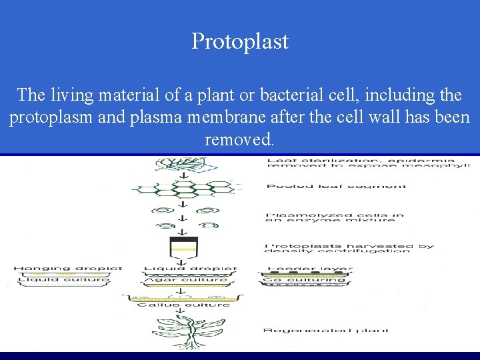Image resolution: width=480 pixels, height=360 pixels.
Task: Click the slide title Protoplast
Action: (x=240, y=41)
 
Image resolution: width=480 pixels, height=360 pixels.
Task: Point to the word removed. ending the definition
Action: (x=239, y=140)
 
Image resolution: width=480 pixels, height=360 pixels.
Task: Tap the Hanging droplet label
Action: (x=68, y=269)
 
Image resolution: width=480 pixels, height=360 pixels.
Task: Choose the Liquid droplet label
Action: (x=191, y=269)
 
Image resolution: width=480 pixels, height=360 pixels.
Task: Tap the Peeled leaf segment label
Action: (x=336, y=186)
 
